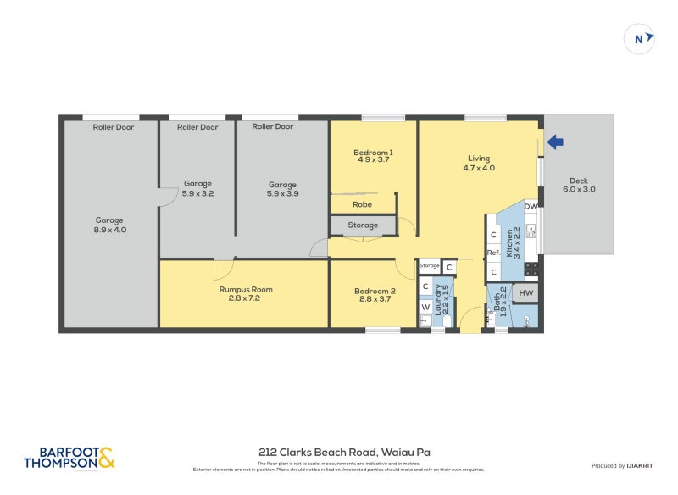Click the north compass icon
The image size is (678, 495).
(x=640, y=38)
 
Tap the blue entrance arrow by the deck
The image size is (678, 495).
(x=556, y=142)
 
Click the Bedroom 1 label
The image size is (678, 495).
(x=373, y=153)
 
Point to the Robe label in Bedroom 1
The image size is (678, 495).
(x=362, y=204)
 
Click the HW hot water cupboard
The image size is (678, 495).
(x=525, y=292)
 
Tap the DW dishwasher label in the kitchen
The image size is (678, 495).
(x=531, y=206)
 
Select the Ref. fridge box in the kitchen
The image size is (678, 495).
(x=492, y=253)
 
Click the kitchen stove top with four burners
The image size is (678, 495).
(x=531, y=269)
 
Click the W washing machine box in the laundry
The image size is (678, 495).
(x=425, y=306)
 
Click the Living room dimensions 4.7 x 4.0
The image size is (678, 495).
(x=479, y=168)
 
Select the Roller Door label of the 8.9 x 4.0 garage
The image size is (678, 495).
(x=114, y=127)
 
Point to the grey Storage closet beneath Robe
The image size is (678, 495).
(x=363, y=225)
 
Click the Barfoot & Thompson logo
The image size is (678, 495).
(x=69, y=458)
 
